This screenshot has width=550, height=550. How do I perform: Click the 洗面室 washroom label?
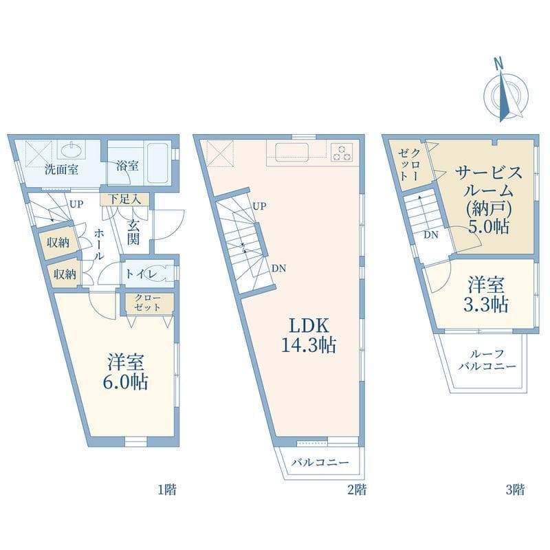click(61, 170)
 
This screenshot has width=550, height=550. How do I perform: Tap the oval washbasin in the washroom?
click(72, 150)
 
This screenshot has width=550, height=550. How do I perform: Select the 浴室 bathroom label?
click(127, 166)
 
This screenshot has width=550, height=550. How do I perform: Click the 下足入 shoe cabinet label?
click(124, 199)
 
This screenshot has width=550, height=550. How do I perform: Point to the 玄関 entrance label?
click(133, 232)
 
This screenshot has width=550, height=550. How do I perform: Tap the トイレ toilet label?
click(142, 274)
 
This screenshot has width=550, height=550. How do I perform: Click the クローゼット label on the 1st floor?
click(148, 302)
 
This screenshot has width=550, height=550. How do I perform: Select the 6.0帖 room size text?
click(125, 382)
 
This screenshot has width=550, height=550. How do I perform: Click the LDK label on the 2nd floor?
click(309, 326)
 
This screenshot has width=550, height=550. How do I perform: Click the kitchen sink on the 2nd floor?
click(291, 152)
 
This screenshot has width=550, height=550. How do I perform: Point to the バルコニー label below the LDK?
click(320, 462)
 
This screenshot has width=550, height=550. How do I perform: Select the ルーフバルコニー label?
click(487, 360)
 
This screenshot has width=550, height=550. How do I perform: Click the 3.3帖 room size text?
click(486, 305)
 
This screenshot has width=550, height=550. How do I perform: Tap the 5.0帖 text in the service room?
click(489, 227)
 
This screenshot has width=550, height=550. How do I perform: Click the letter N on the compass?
click(498, 63)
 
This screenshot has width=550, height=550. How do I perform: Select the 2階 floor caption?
click(357, 489)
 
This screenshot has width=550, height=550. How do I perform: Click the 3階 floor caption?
click(515, 489)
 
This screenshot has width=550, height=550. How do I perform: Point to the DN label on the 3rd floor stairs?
click(431, 235)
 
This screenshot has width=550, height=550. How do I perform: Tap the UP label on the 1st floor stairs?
click(76, 204)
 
